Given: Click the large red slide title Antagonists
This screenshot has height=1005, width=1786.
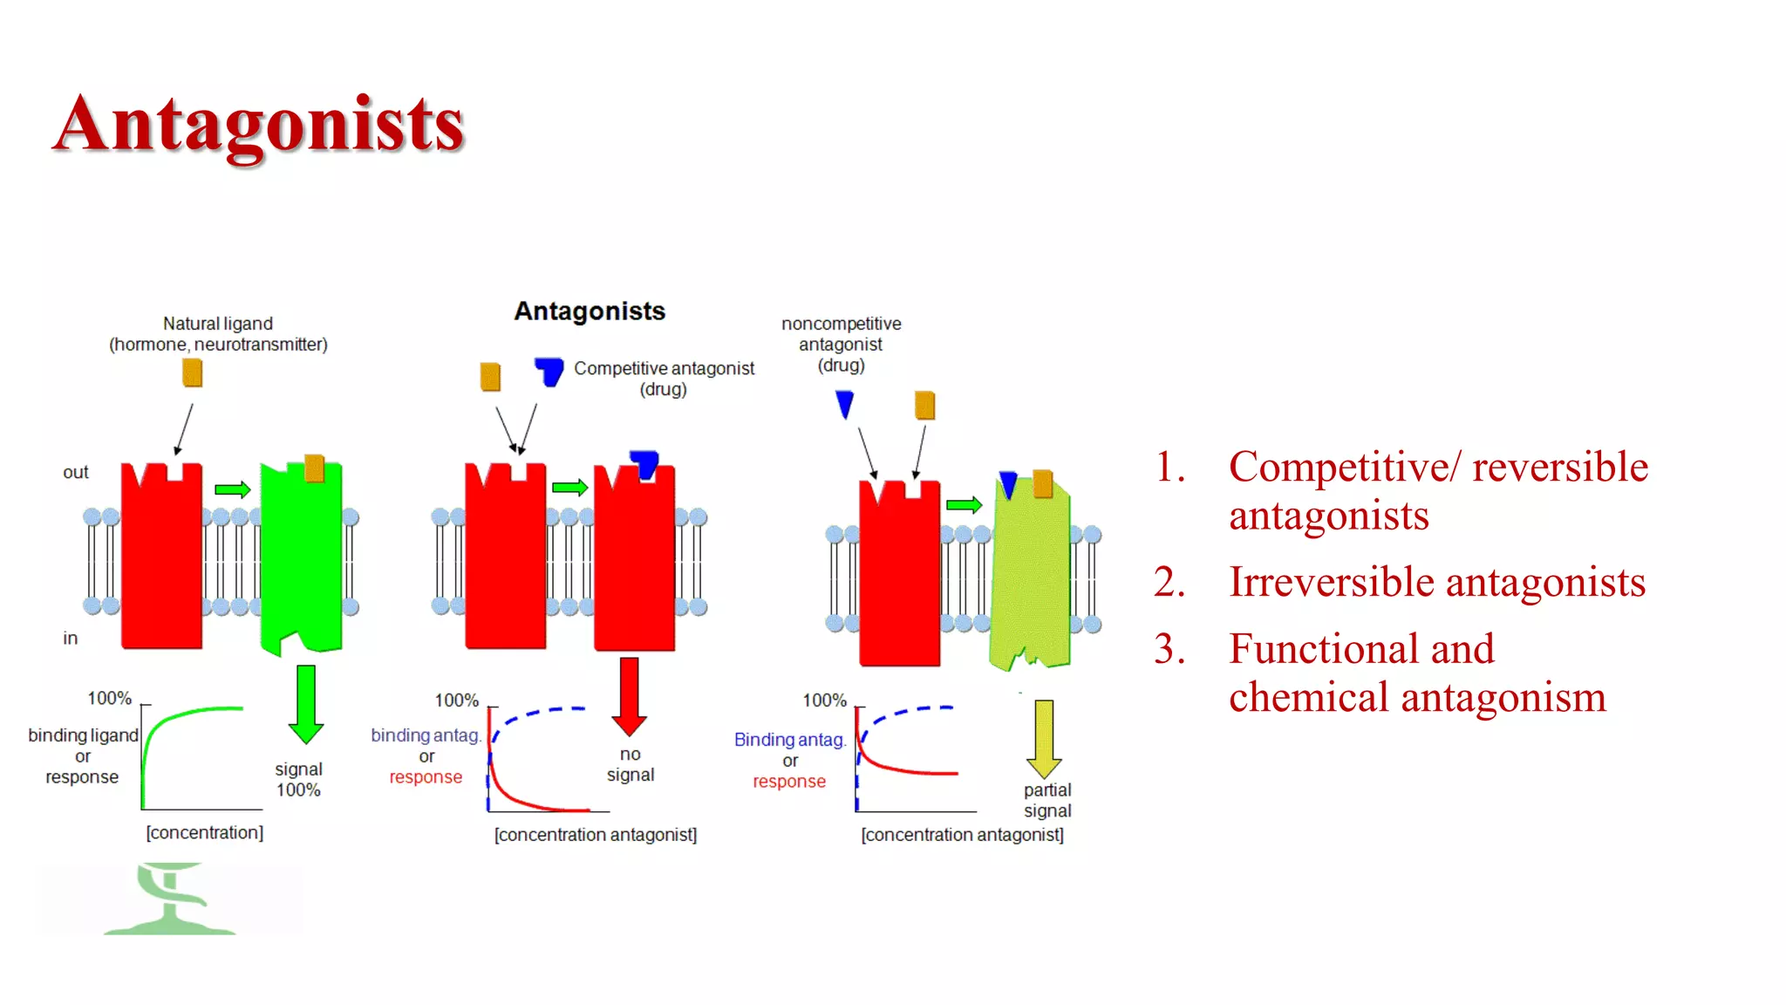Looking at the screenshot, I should pyautogui.click(x=259, y=125).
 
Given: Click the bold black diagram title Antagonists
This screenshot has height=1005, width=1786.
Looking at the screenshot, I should pyautogui.click(x=590, y=311).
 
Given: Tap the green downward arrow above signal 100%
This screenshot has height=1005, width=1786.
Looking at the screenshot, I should pyautogui.click(x=305, y=703).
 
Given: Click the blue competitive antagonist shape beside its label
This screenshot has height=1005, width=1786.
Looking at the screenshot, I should pyautogui.click(x=549, y=371).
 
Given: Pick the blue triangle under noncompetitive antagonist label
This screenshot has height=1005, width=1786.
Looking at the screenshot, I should pyautogui.click(x=844, y=404).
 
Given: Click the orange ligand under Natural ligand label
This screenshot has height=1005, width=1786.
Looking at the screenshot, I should pyautogui.click(x=193, y=373).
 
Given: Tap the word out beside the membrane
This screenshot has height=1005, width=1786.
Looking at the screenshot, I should pyautogui.click(x=76, y=473).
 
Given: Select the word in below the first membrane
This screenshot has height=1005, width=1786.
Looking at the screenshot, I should pyautogui.click(x=71, y=639).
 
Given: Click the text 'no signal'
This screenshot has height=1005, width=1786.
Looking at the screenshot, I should pyautogui.click(x=631, y=764).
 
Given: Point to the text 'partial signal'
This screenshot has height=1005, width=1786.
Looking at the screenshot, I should pyautogui.click(x=1047, y=800).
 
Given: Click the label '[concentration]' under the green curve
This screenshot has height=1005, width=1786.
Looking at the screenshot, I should pyautogui.click(x=205, y=832).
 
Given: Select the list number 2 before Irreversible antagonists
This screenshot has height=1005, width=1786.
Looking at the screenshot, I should pyautogui.click(x=1169, y=582).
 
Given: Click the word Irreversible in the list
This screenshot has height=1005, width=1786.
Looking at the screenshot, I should pyautogui.click(x=1332, y=582).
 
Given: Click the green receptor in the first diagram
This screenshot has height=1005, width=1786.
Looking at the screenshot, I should pyautogui.click(x=302, y=558).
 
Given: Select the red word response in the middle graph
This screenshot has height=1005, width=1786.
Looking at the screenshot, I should pyautogui.click(x=426, y=777).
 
